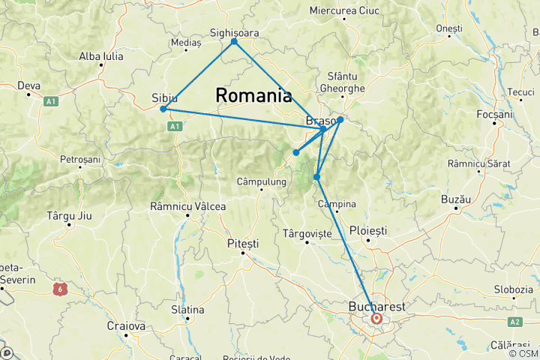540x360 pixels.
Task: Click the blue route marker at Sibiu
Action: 163,109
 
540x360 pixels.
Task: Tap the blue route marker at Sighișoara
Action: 234,41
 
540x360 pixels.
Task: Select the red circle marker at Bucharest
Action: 376,319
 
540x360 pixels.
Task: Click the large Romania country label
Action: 253,95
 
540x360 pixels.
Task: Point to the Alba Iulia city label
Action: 102,55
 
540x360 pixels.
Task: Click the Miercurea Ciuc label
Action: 344,10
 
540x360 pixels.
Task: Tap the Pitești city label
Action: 242,244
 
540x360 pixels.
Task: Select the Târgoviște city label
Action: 307,234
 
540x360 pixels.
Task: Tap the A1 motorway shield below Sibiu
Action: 174,127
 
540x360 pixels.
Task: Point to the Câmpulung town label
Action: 261,181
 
